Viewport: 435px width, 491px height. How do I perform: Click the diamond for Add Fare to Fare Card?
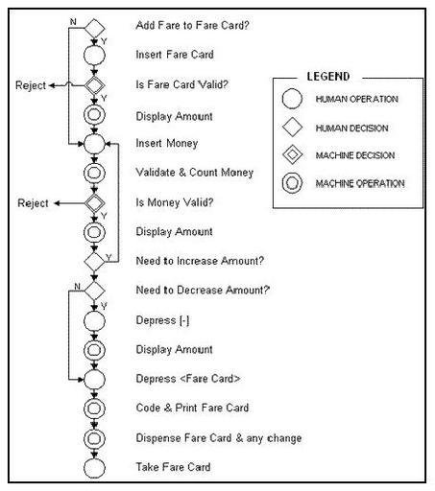click(x=94, y=28)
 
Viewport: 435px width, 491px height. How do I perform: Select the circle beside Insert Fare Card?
click(x=94, y=56)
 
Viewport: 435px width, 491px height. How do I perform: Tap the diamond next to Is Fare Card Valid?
click(x=94, y=85)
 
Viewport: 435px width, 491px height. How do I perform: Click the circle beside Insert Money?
click(x=94, y=144)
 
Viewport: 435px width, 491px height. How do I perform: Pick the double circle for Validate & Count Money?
click(x=94, y=173)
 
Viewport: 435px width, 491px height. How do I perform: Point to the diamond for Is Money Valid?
click(x=94, y=203)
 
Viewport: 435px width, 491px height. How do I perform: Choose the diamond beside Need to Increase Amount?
click(x=94, y=262)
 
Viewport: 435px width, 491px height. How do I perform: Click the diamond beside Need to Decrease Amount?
click(x=94, y=291)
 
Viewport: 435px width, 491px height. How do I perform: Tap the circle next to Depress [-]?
click(x=94, y=321)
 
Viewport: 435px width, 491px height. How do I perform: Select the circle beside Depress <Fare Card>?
click(x=94, y=380)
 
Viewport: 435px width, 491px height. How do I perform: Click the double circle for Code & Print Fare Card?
click(x=94, y=409)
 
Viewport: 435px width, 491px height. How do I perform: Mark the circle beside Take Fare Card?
click(x=94, y=468)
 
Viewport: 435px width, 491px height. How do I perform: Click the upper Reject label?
click(x=31, y=85)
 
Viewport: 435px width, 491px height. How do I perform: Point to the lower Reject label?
click(x=33, y=203)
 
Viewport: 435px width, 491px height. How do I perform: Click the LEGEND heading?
click(x=328, y=77)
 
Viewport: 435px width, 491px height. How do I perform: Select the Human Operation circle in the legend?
click(x=292, y=99)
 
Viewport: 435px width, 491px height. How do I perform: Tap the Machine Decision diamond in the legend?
click(x=292, y=154)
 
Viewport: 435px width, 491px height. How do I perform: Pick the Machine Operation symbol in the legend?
click(x=292, y=183)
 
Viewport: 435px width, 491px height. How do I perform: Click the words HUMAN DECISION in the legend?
click(x=351, y=129)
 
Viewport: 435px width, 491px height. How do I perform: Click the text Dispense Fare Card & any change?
click(x=219, y=438)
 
